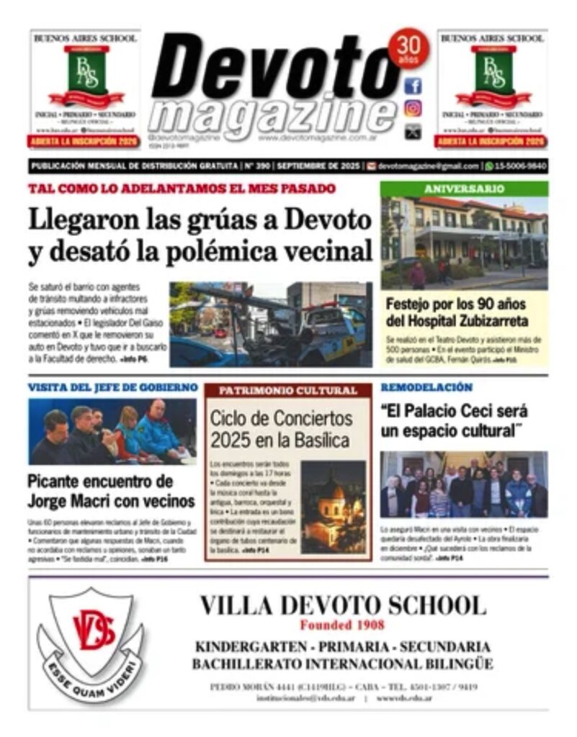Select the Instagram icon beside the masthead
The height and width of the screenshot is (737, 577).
[413, 109]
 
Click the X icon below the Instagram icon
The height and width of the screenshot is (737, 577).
[413, 131]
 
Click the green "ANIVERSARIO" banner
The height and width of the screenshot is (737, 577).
[464, 189]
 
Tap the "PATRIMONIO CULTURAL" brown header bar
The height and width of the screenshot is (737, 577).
[287, 391]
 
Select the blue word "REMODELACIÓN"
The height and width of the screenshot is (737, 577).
[426, 387]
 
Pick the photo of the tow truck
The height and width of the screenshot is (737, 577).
[271, 324]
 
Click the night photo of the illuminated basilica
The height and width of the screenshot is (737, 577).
[334, 506]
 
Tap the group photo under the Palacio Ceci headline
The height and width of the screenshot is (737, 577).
[464, 484]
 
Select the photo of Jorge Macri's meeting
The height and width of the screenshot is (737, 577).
[112, 431]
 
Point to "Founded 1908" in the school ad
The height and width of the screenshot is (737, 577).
[342, 625]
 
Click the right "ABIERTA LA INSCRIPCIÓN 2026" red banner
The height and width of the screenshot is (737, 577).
[491, 142]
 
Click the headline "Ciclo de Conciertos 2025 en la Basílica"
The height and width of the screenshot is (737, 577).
[281, 429]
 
